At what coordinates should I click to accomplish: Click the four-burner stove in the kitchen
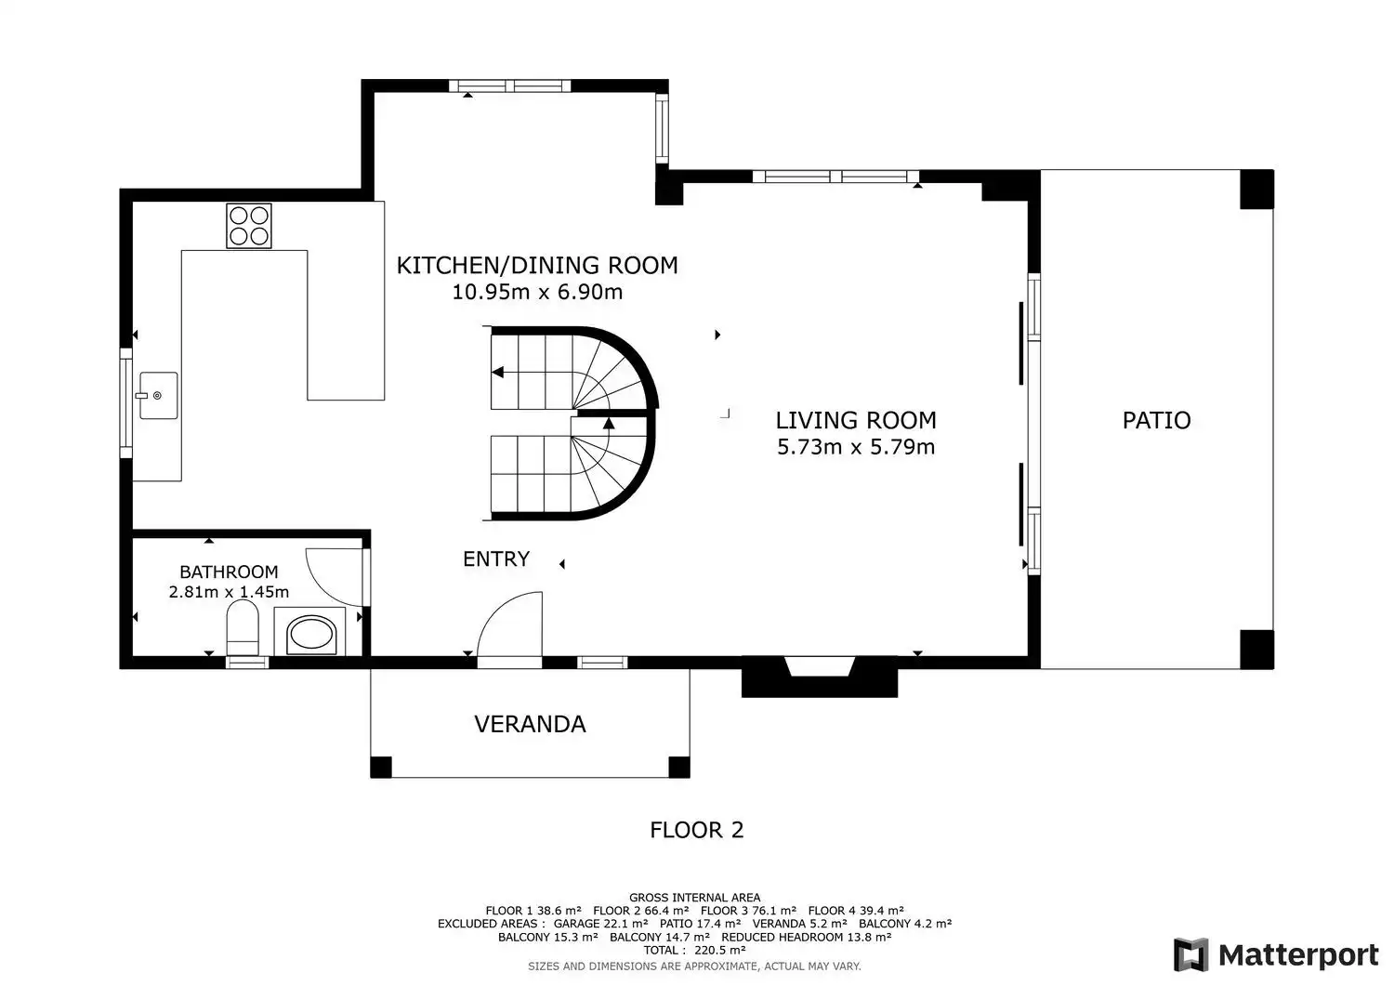coord(249,225)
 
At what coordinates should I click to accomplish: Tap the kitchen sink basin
coord(159,395)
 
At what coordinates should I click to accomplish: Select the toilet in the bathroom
coord(242,627)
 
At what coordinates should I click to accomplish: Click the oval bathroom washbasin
coord(310,635)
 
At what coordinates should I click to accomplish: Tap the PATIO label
coord(1156,420)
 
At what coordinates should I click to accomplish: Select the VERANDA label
coord(531,724)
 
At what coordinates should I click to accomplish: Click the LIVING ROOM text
coord(856,420)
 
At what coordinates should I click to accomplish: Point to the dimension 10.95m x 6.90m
coord(537,292)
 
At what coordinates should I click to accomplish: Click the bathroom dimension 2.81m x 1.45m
coord(229,591)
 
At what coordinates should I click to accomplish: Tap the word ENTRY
coord(496,559)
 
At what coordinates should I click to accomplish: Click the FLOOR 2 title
coord(697,830)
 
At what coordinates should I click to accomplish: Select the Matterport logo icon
coord(1191,955)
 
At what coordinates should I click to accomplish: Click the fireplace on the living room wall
coord(819,676)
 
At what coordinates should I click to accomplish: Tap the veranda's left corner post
coord(381,767)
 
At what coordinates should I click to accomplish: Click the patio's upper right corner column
coord(1256,190)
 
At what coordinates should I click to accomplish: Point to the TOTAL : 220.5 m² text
coord(694,950)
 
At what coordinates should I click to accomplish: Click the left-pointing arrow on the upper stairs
coord(498,373)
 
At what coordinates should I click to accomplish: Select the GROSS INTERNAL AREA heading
coord(694,898)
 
